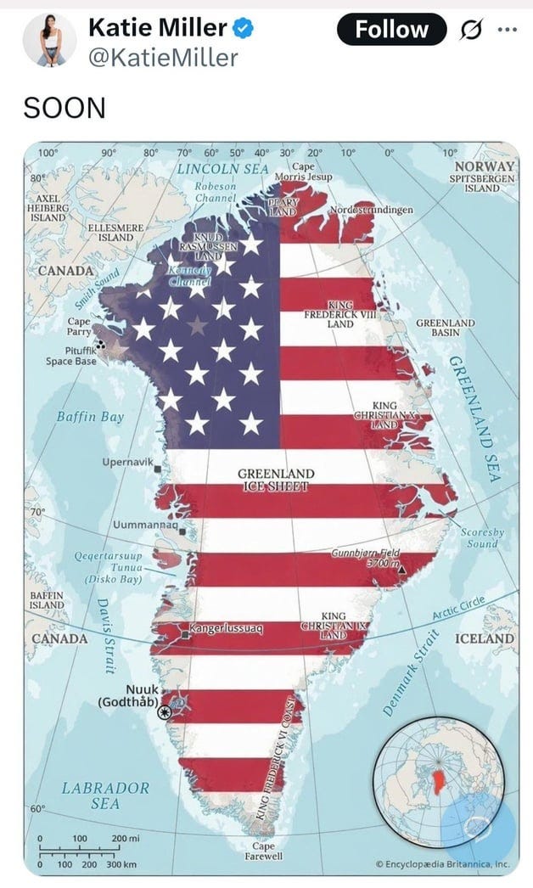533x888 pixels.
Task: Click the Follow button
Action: (391, 30)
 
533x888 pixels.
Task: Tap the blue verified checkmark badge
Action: (244, 29)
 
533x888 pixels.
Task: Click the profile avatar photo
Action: (49, 40)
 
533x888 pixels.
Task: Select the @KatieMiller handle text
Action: (163, 57)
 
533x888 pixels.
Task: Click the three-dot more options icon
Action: (507, 30)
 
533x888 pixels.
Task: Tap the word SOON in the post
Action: (65, 108)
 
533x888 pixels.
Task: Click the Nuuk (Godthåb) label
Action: (128, 695)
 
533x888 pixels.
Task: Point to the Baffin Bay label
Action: (90, 417)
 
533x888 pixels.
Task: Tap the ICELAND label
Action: (485, 638)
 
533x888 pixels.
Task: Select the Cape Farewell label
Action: (263, 851)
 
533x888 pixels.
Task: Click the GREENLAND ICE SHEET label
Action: (275, 480)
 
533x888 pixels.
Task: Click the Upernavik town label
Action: (127, 462)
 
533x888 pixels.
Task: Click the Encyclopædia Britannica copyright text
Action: (442, 864)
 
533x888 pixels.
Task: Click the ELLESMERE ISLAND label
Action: (116, 233)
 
